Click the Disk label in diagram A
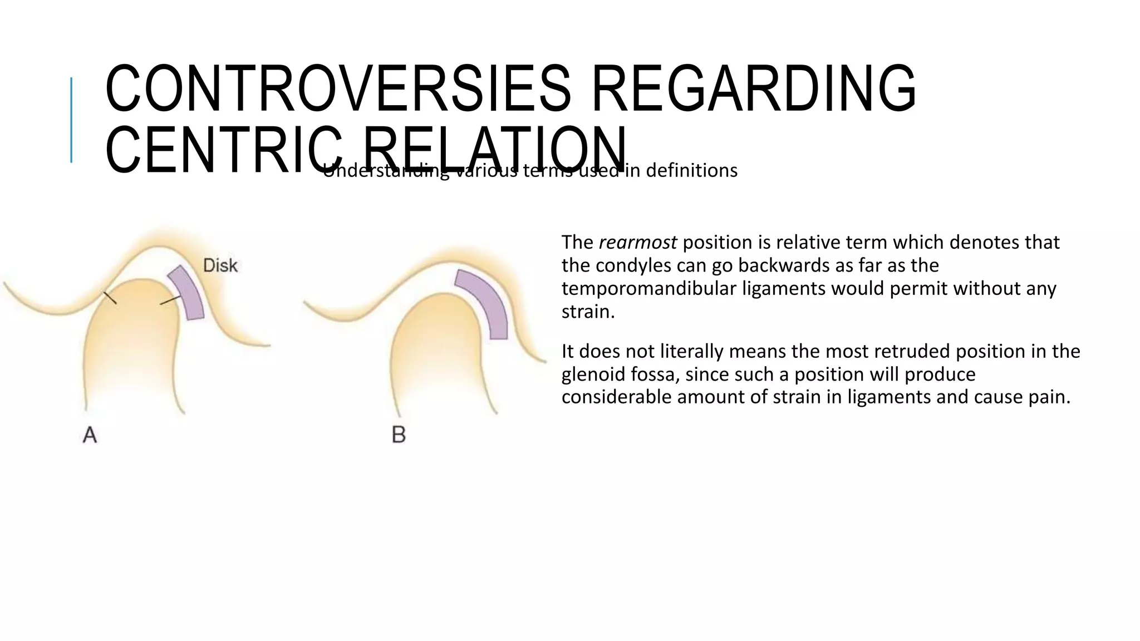tap(220, 265)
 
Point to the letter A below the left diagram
tap(90, 435)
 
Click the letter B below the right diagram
tap(399, 435)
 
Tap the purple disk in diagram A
tap(187, 292)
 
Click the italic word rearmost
tap(637, 243)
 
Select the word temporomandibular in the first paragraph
tap(649, 289)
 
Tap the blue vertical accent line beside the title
tap(71, 120)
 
